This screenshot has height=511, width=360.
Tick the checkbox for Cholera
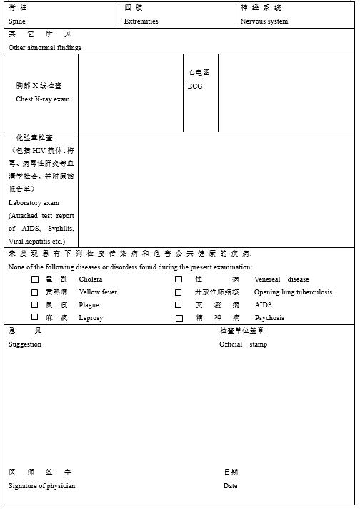click(x=35, y=279)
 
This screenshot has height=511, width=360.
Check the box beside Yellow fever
click(x=35, y=292)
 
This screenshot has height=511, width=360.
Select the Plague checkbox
click(x=35, y=305)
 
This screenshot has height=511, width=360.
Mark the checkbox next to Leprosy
click(x=35, y=317)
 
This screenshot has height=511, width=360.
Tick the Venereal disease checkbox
click(x=179, y=279)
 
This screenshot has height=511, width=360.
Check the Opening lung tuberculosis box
click(x=179, y=292)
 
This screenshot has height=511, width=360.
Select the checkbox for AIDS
click(x=179, y=305)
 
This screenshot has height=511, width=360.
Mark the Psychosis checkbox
click(x=179, y=318)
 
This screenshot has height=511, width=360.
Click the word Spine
click(x=17, y=21)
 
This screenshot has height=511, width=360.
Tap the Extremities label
click(x=141, y=21)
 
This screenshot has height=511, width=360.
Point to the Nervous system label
click(x=264, y=21)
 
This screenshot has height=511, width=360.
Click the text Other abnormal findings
click(x=45, y=48)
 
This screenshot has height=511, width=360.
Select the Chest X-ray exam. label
click(x=44, y=99)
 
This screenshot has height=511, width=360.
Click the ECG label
click(x=195, y=86)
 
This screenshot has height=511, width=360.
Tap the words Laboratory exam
click(x=34, y=203)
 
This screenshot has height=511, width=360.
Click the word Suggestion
click(x=25, y=344)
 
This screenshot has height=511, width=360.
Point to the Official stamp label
click(x=243, y=344)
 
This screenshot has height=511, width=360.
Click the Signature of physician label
click(x=41, y=486)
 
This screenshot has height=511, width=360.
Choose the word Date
click(x=230, y=486)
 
